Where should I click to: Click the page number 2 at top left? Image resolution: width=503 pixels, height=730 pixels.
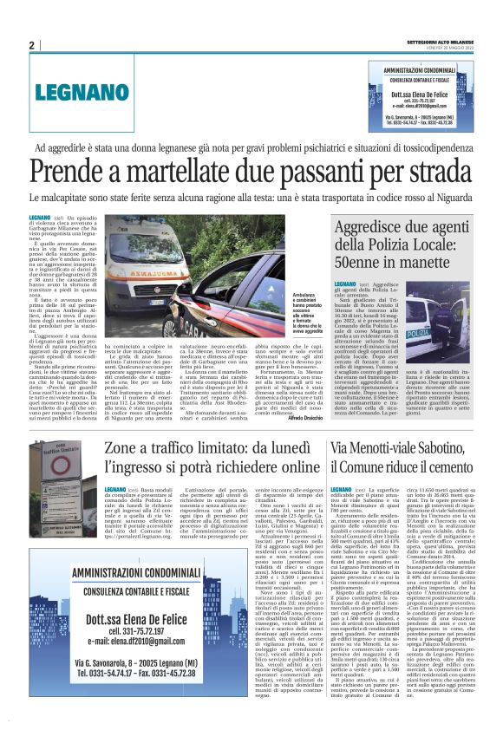pos(31,45)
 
